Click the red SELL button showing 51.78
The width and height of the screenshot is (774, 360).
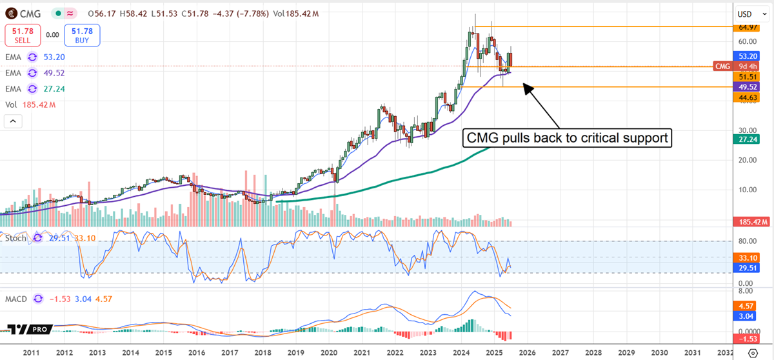23,35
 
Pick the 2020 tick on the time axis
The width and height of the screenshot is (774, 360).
329,353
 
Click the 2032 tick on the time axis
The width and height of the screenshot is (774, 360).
726,353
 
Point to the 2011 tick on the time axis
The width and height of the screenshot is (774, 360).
30,353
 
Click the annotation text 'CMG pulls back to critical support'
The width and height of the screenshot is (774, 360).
568,137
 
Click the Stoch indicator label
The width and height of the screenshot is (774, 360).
17,238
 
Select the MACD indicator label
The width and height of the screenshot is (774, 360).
17,299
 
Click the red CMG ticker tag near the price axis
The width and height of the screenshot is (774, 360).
723,66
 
